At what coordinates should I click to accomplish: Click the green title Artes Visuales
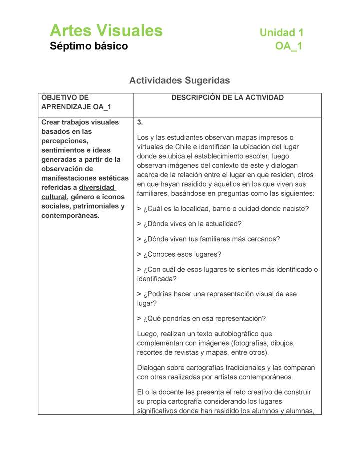pyautogui.click(x=106, y=31)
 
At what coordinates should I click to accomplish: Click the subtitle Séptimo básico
pyautogui.click(x=89, y=46)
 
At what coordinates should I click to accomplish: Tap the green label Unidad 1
pyautogui.click(x=281, y=33)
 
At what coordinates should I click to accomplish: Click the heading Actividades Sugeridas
pyautogui.click(x=179, y=80)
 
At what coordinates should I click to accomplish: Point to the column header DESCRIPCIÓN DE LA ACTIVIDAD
pyautogui.click(x=227, y=98)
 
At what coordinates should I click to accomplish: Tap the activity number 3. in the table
pyautogui.click(x=140, y=122)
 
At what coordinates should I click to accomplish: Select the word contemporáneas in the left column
pyautogui.click(x=70, y=216)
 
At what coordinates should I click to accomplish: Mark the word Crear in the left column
pyautogui.click(x=50, y=122)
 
